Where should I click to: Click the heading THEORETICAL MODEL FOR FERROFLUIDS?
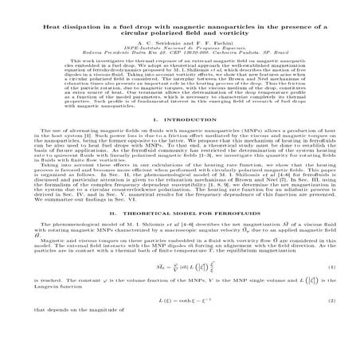tap(188, 237)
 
